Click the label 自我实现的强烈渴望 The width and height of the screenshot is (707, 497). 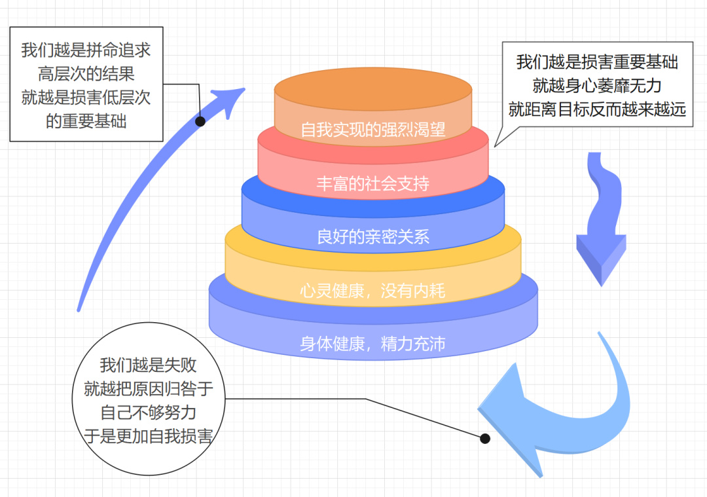[372, 130]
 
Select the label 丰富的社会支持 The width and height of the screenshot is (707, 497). [372, 183]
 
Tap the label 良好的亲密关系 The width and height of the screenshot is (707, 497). [372, 236]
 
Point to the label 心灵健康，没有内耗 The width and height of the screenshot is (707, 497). [372, 290]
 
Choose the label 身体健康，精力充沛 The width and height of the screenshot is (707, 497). [372, 343]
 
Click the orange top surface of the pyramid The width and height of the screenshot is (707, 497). [372, 88]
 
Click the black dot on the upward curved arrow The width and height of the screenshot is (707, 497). [200, 121]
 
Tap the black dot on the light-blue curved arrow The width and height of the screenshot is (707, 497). [485, 438]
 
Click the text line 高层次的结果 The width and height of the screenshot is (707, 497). [86, 73]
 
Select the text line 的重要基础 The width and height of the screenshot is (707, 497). [86, 121]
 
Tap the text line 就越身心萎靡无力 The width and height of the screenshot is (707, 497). [596, 85]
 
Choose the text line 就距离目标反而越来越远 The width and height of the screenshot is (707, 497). [596, 109]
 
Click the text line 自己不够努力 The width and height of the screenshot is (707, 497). [149, 413]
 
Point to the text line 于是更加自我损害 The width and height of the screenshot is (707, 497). [149, 436]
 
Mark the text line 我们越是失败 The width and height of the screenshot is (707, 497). [149, 365]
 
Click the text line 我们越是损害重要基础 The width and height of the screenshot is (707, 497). [596, 62]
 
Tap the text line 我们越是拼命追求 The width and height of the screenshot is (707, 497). [86, 50]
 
